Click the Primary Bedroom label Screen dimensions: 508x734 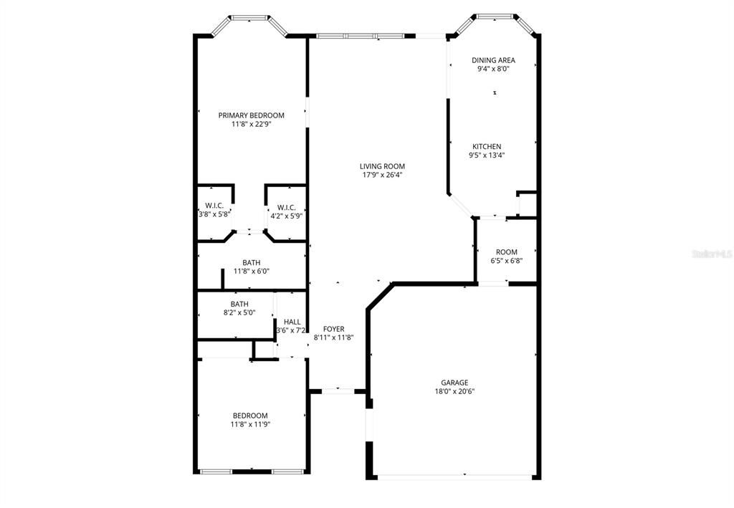click(x=251, y=115)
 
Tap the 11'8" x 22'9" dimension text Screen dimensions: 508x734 click(x=251, y=124)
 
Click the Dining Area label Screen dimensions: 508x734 click(x=493, y=60)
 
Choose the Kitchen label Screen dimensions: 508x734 click(x=486, y=146)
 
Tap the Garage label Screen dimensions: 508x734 click(x=454, y=383)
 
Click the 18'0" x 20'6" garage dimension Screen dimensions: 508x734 click(x=454, y=391)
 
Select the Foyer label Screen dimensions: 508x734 click(x=333, y=329)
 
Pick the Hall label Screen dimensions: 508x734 click(x=292, y=322)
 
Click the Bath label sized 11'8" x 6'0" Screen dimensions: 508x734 click(x=251, y=262)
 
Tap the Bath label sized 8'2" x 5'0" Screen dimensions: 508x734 click(x=239, y=304)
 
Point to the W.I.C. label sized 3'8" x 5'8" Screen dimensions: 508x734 click(x=215, y=206)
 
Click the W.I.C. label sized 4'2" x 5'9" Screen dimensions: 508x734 click(x=286, y=207)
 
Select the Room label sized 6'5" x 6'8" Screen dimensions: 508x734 click(x=506, y=252)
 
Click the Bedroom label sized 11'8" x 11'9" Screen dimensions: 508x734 click(x=250, y=416)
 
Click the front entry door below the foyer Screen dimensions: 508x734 click(x=338, y=391)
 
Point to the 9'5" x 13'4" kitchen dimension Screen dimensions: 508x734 click(x=487, y=155)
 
